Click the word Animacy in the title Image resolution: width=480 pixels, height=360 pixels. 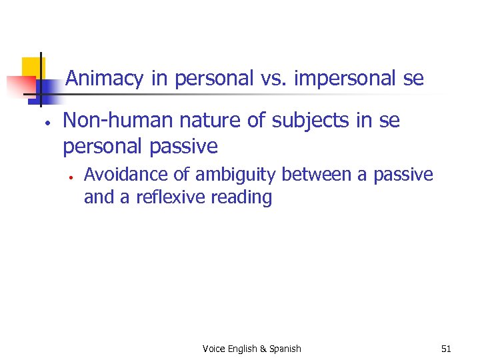tap(105, 79)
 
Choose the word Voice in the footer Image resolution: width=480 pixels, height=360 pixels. tap(214, 349)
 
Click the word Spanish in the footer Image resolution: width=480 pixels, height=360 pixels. tap(285, 349)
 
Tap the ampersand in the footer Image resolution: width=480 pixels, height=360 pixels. tap(263, 349)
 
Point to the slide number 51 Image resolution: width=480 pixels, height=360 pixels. tap(446, 349)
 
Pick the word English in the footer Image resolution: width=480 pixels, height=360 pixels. tap(243, 349)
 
